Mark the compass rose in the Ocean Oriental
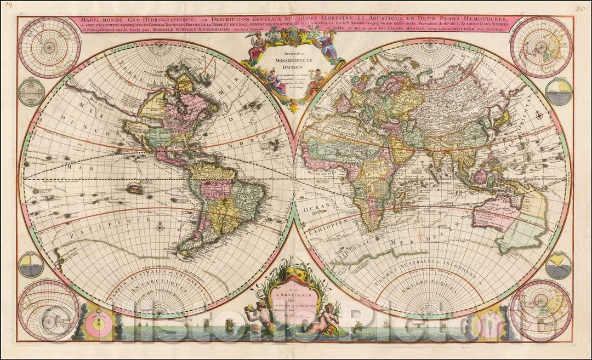point(539,116)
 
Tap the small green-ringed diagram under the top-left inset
point(31,92)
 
